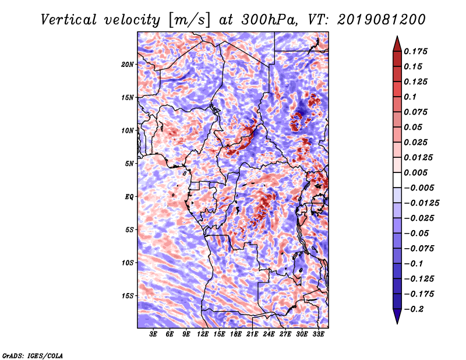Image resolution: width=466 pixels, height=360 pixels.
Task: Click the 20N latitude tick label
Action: click(127, 65)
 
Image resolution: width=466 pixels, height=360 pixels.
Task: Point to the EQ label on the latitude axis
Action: click(129, 197)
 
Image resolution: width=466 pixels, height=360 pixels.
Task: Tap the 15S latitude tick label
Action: click(127, 296)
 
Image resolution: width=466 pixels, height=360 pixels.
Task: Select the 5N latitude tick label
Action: click(129, 164)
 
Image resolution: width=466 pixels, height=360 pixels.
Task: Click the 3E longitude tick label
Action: click(153, 334)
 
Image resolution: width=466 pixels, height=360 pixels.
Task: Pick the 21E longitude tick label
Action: click(252, 334)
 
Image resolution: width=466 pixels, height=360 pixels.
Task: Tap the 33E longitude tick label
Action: click(318, 334)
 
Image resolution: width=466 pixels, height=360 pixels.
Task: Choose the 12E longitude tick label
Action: click(202, 334)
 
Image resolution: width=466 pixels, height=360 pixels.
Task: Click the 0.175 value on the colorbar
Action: click(415, 51)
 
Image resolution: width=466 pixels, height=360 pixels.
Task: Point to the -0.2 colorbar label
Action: click(414, 309)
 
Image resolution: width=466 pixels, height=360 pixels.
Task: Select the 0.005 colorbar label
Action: click(415, 172)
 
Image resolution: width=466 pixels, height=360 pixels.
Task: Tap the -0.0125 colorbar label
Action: click(421, 203)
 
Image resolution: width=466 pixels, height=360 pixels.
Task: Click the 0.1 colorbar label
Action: click(410, 97)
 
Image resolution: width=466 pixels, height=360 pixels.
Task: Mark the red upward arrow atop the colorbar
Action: click(397, 44)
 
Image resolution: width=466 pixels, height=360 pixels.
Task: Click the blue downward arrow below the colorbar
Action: click(397, 316)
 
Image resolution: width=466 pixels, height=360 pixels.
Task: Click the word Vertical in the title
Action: click(68, 20)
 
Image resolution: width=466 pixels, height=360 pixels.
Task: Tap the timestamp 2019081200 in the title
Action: click(382, 20)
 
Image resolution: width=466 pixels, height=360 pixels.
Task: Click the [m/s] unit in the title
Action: click(189, 20)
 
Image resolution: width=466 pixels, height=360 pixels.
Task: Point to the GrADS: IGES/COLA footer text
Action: click(33, 355)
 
